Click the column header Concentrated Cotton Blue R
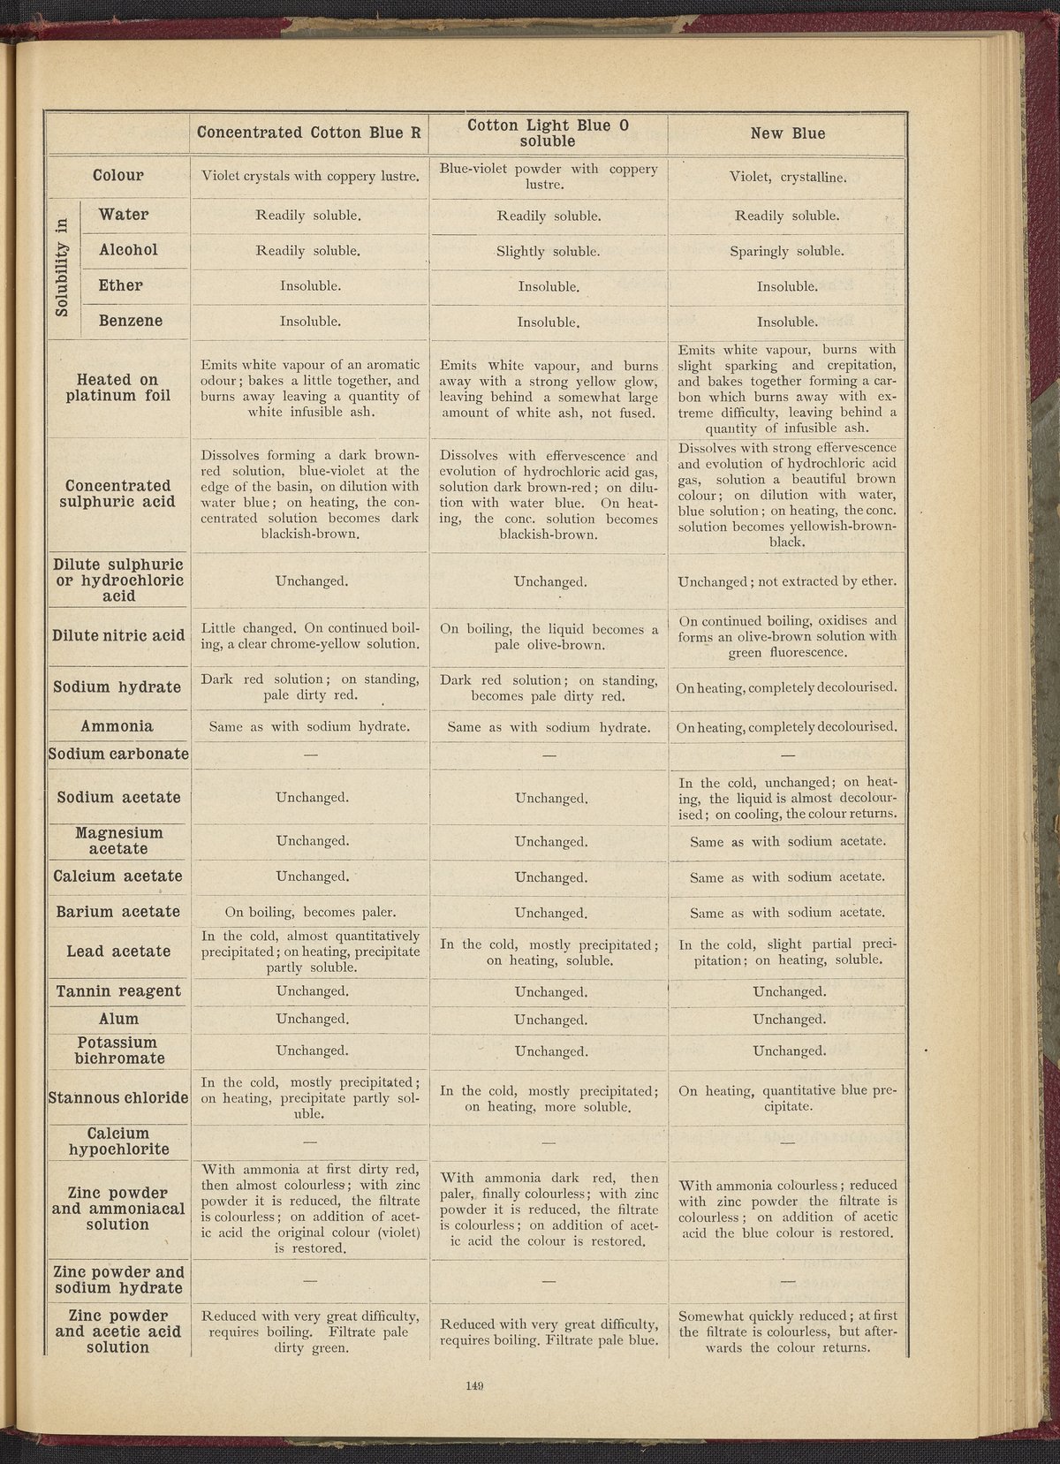(x=308, y=133)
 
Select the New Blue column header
(x=787, y=134)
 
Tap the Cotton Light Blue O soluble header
(x=548, y=133)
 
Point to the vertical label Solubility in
(x=62, y=268)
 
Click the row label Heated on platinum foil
(x=117, y=388)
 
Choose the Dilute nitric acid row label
(x=118, y=635)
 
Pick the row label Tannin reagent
(x=118, y=991)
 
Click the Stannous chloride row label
(x=118, y=1097)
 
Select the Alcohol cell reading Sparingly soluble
(x=786, y=251)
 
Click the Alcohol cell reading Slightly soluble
(x=548, y=252)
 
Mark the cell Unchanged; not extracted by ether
(x=786, y=581)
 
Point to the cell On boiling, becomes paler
(x=310, y=912)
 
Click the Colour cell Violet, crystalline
(x=786, y=177)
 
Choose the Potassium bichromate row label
(x=118, y=1051)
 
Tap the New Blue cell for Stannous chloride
(x=786, y=1098)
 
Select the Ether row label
(x=121, y=285)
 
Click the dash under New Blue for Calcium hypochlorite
(x=787, y=1142)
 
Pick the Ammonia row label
(x=117, y=726)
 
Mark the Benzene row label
(x=130, y=321)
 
